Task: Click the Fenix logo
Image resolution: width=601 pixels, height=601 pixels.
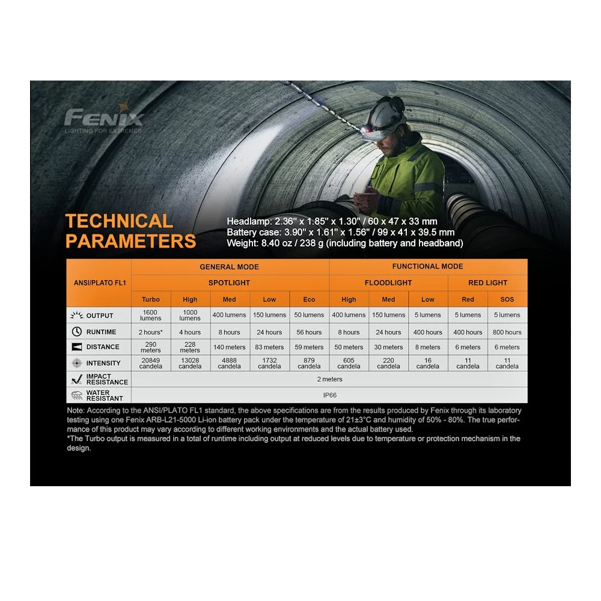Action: (x=104, y=116)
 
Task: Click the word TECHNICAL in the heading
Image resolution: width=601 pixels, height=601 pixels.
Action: (x=119, y=221)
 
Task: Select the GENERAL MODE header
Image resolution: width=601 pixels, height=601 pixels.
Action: (x=229, y=267)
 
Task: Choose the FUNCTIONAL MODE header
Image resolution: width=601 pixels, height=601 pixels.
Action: (x=427, y=266)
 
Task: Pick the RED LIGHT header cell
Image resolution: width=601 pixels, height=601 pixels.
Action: (x=487, y=282)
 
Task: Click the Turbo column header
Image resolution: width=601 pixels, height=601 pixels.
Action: (x=151, y=299)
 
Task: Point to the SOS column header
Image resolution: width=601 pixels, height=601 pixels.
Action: (x=507, y=299)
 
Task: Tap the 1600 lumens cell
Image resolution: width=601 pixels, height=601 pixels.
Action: (x=151, y=315)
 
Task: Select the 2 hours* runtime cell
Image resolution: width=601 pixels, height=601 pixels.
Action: (x=151, y=332)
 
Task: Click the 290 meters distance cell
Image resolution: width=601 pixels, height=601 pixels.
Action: (x=151, y=347)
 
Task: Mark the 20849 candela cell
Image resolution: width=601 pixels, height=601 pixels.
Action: (x=151, y=363)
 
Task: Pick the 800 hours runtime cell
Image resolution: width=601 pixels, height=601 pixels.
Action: (x=507, y=332)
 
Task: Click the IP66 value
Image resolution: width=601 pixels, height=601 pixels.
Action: (x=329, y=395)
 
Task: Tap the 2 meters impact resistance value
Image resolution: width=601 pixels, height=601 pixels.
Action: (x=329, y=379)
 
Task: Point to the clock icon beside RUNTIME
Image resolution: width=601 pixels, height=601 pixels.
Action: (x=76, y=332)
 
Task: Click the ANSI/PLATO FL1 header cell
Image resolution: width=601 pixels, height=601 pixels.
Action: (x=99, y=282)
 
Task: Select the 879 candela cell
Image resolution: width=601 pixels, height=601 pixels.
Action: (x=309, y=363)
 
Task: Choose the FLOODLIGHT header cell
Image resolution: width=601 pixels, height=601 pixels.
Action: (x=388, y=282)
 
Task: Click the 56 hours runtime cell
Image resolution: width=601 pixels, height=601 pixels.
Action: (x=309, y=332)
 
